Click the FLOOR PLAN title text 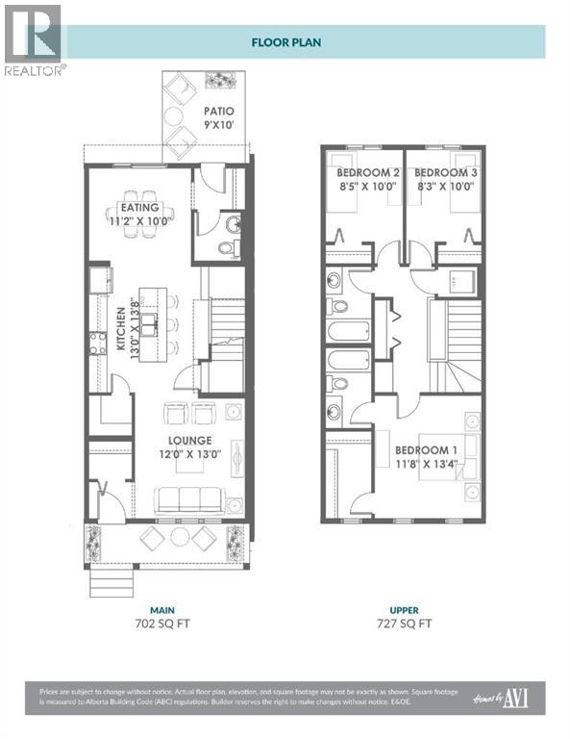click(285, 42)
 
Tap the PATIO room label click(218, 111)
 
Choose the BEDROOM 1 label click(426, 450)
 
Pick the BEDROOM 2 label click(361, 173)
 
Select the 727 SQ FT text click(404, 624)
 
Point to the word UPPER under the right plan click(404, 609)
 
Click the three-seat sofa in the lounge click(189, 499)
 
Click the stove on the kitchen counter click(97, 343)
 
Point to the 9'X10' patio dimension click(218, 124)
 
